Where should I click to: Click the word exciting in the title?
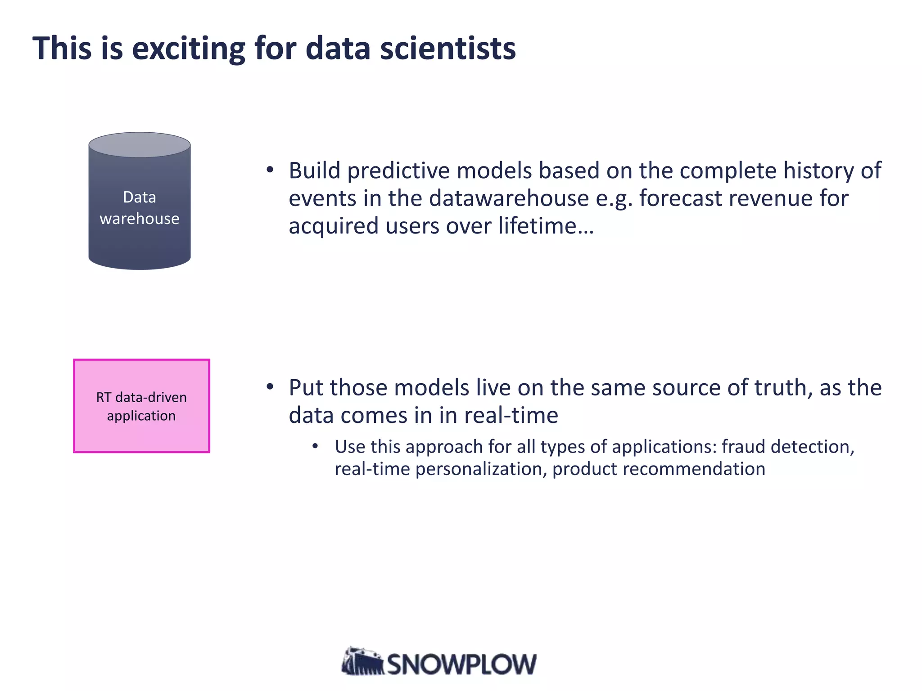[x=188, y=49]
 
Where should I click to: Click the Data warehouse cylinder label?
[x=140, y=208]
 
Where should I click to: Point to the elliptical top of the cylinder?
[x=140, y=145]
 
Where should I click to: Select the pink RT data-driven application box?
[x=141, y=406]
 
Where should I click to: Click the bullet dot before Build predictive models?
[x=270, y=170]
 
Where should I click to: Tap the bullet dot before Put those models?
[x=270, y=387]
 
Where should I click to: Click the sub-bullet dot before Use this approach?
[x=315, y=446]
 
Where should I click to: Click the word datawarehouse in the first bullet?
[x=509, y=198]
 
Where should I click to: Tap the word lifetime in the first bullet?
[x=538, y=226]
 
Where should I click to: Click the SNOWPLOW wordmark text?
[x=462, y=664]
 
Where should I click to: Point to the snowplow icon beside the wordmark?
[x=362, y=662]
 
